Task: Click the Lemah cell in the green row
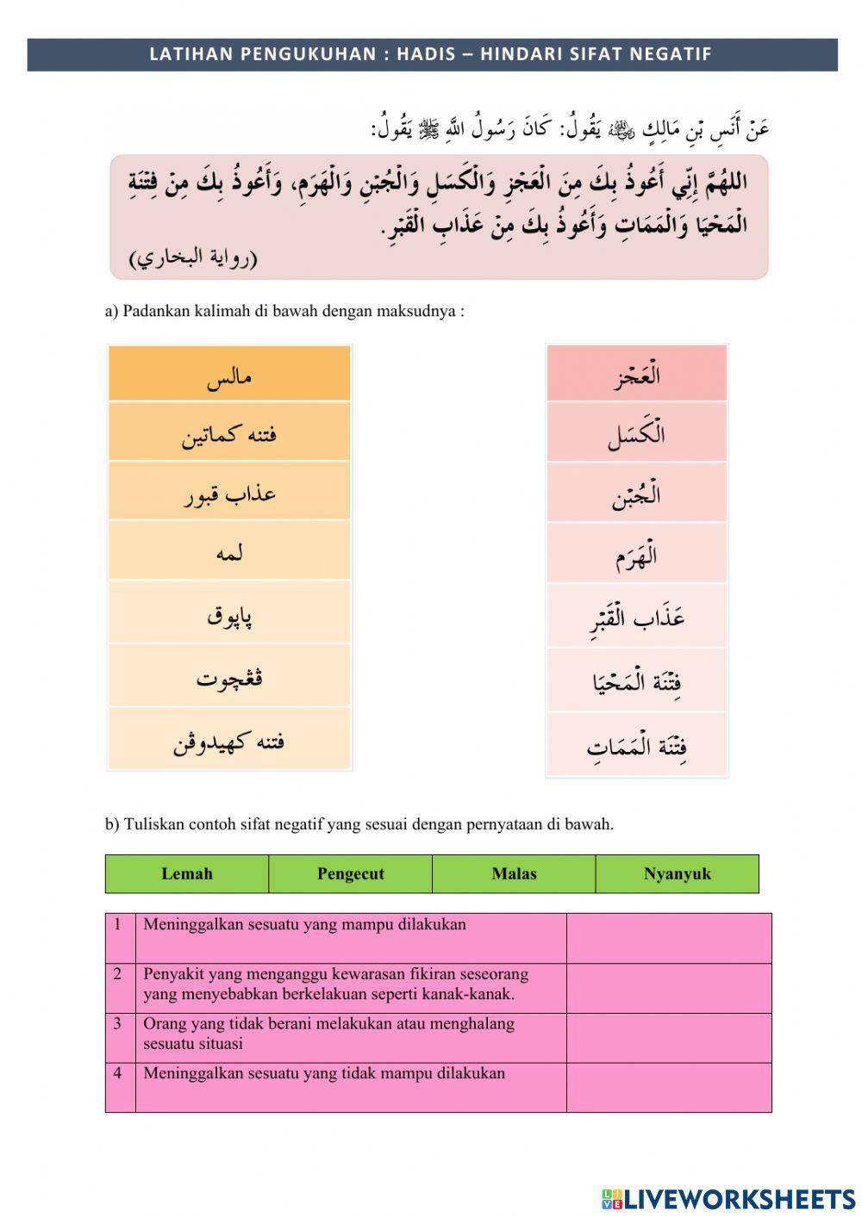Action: [x=187, y=873]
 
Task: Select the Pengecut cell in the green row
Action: [x=350, y=873]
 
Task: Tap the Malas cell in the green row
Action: [x=514, y=873]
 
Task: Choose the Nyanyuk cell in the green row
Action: [x=677, y=873]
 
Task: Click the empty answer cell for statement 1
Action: [x=668, y=938]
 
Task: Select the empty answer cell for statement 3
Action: [x=668, y=1037]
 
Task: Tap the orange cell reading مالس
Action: [x=229, y=375]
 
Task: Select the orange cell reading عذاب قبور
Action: [x=229, y=492]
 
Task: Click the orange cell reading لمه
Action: [x=229, y=551]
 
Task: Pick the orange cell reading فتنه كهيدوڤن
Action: [x=229, y=740]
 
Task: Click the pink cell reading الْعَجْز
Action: [x=636, y=375]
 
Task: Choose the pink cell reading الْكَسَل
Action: [x=636, y=433]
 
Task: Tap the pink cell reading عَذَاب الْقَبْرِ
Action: [x=636, y=618]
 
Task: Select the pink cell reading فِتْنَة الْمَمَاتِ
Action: [x=636, y=745]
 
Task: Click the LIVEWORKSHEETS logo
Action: [x=728, y=1198]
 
